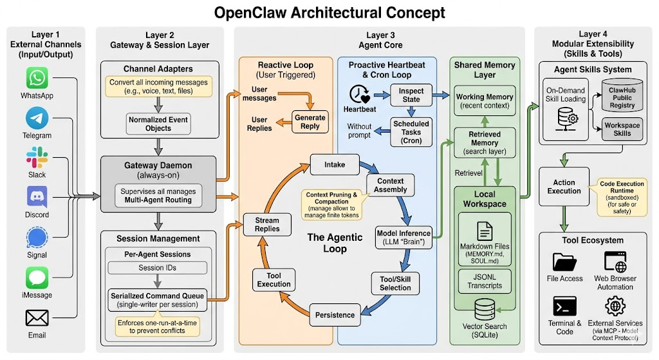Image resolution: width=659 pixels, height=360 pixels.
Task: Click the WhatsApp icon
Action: click(x=37, y=79)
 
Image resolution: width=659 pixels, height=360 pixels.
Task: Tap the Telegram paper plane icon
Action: click(x=37, y=118)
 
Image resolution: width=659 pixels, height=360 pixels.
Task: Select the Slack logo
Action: click(x=37, y=158)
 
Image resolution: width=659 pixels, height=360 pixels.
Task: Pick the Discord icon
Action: click(x=37, y=198)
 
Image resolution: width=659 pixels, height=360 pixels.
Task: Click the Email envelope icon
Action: click(x=37, y=318)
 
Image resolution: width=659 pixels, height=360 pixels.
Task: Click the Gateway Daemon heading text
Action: click(x=158, y=166)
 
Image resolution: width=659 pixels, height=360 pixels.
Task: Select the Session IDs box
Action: click(x=158, y=268)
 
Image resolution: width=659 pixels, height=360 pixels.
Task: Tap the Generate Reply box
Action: click(x=310, y=122)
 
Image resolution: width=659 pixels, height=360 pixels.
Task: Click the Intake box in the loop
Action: click(x=334, y=164)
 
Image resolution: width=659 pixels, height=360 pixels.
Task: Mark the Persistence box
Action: click(x=335, y=315)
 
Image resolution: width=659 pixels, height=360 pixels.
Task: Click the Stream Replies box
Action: click(x=267, y=224)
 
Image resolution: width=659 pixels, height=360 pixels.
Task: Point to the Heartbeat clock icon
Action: click(x=359, y=95)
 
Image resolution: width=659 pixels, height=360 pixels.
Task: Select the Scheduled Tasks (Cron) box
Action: click(x=411, y=131)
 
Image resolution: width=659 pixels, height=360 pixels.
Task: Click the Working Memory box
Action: click(x=485, y=101)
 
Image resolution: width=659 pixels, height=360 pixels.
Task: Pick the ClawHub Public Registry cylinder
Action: click(x=622, y=97)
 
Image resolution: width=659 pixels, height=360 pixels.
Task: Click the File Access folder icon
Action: click(x=565, y=263)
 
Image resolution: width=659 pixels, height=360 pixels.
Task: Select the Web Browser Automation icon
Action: click(x=615, y=263)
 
